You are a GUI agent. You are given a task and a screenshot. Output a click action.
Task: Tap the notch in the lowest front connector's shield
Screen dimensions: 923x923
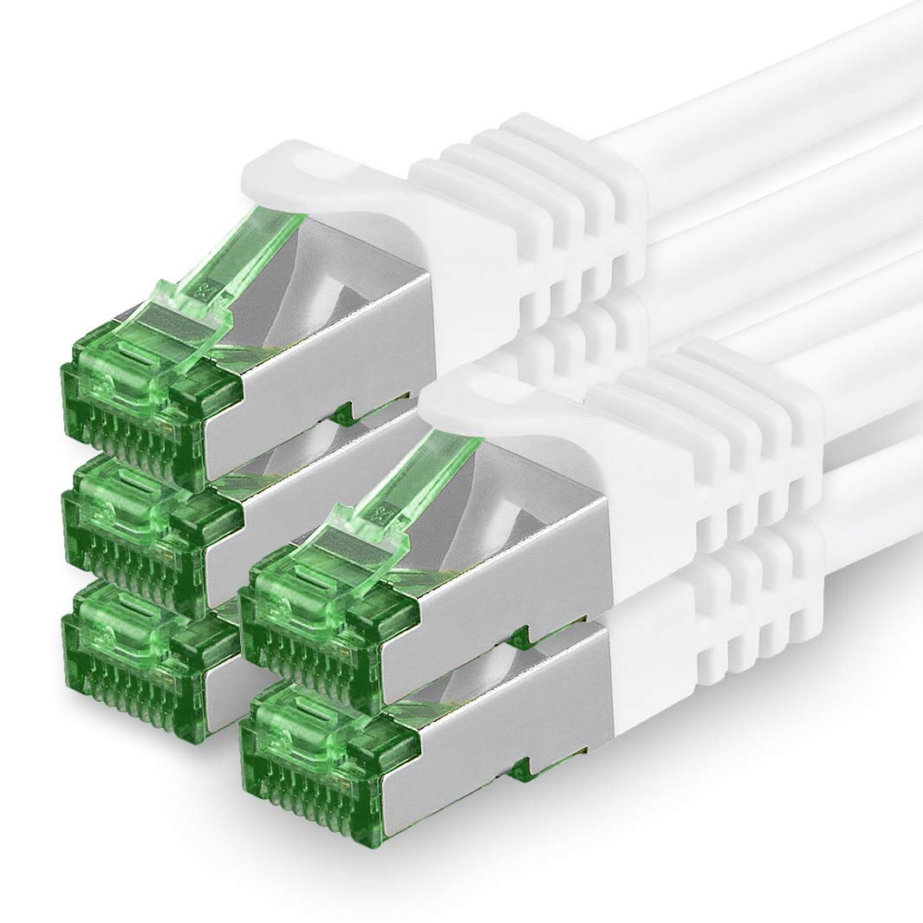(x=518, y=766)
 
